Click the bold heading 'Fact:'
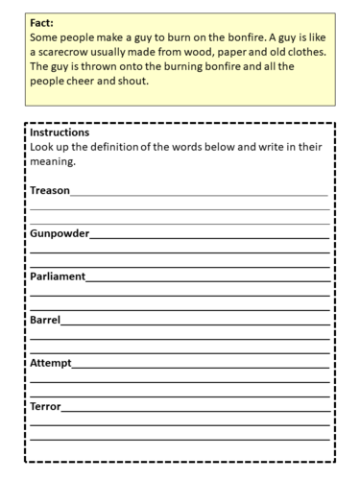(43, 20)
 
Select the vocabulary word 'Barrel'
(45, 320)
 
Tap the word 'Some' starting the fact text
(46, 36)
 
